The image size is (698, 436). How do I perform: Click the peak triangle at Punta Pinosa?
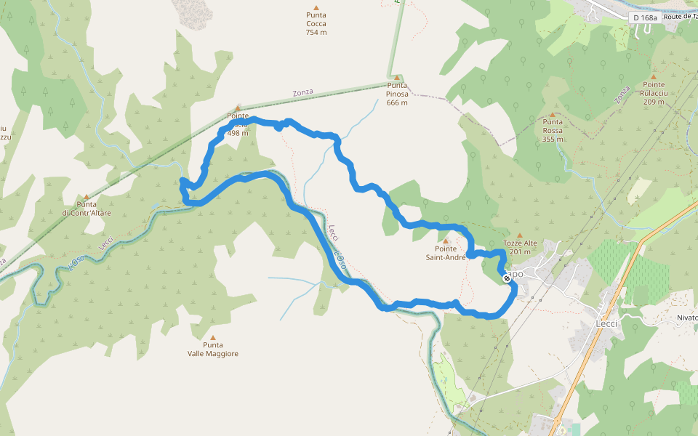coord(397,77)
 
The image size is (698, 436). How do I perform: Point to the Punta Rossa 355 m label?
coord(553,131)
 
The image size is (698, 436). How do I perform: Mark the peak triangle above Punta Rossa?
coord(553,114)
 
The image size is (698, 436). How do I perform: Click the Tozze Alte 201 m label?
coord(520,248)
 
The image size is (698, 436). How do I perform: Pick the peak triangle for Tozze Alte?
coord(519,235)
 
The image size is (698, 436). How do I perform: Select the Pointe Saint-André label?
coord(446,253)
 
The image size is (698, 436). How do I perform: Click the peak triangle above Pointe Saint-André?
coord(446,241)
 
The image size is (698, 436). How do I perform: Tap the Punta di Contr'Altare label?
coord(86,209)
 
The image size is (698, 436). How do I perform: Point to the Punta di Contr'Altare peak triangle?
coord(86,196)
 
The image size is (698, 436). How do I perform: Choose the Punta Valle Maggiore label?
coord(213,350)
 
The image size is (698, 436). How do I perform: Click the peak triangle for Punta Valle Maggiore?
coord(213,337)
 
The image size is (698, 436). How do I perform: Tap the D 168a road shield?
coord(645,17)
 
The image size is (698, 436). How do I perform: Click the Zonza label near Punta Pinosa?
coord(302,92)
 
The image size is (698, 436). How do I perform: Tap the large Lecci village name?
coord(606,323)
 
